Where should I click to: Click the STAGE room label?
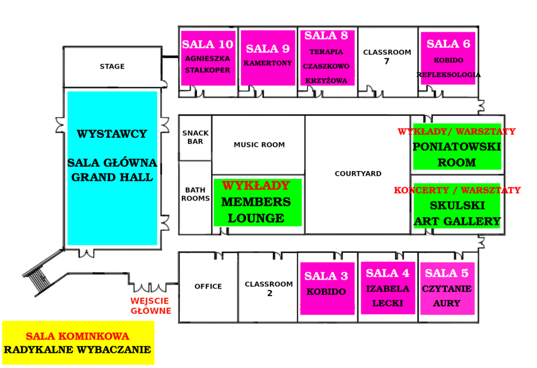click(112, 67)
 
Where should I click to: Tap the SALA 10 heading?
click(208, 44)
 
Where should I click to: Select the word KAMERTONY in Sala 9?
click(268, 63)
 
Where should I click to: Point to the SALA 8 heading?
click(326, 35)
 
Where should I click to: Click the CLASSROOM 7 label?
click(387, 57)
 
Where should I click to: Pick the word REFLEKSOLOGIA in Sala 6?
click(448, 74)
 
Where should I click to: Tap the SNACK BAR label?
click(195, 137)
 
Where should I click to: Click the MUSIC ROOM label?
click(259, 145)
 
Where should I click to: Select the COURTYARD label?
click(358, 174)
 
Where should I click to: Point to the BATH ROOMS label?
click(195, 194)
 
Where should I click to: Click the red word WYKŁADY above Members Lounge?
click(256, 186)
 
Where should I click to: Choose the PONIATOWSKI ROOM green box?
click(457, 146)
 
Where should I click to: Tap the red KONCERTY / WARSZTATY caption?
click(457, 190)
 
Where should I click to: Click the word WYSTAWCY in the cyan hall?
click(112, 134)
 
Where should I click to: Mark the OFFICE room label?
click(208, 286)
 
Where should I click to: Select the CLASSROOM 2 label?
click(269, 288)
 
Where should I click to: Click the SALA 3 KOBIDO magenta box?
click(327, 288)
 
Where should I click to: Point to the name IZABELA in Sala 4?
click(388, 289)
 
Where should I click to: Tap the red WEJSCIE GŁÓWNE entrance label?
click(151, 306)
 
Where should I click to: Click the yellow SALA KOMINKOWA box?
click(78, 343)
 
